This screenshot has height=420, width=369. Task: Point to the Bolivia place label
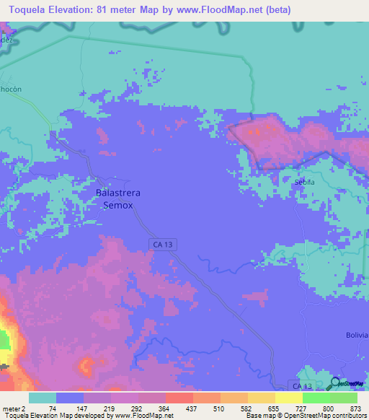tap(356, 336)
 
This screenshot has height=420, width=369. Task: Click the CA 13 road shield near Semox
tap(161, 245)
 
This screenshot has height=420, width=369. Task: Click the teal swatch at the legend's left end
tap(42, 398)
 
